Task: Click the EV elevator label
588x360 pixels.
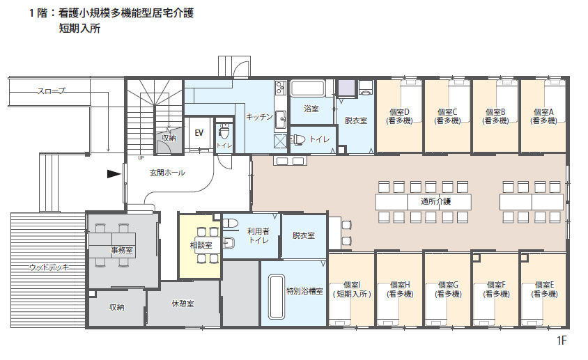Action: pyautogui.click(x=199, y=133)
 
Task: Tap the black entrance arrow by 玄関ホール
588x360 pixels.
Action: pyautogui.click(x=114, y=173)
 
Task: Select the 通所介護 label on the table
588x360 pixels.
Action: pyautogui.click(x=435, y=202)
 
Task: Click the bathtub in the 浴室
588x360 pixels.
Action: pyautogui.click(x=308, y=89)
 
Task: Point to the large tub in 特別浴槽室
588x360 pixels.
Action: pyautogui.click(x=277, y=297)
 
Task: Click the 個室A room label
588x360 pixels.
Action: pyautogui.click(x=543, y=116)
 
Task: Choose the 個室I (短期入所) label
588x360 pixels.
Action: pyautogui.click(x=352, y=290)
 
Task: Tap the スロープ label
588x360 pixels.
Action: pyautogui.click(x=51, y=91)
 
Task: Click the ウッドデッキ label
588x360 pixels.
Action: pyautogui.click(x=49, y=267)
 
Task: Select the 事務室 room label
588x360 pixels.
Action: pyautogui.click(x=122, y=250)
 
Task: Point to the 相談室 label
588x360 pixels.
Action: pyautogui.click(x=201, y=245)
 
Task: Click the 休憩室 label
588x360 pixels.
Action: pyautogui.click(x=183, y=304)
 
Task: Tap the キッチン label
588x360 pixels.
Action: pyautogui.click(x=259, y=116)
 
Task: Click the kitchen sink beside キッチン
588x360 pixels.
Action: pyautogui.click(x=280, y=120)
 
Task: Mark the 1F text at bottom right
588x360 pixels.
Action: pyautogui.click(x=562, y=341)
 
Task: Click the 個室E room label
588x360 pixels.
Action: pyautogui.click(x=545, y=290)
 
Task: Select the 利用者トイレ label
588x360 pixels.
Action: pyautogui.click(x=258, y=235)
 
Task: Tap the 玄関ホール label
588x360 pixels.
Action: pyautogui.click(x=167, y=173)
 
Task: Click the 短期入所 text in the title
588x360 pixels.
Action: pyautogui.click(x=79, y=29)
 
